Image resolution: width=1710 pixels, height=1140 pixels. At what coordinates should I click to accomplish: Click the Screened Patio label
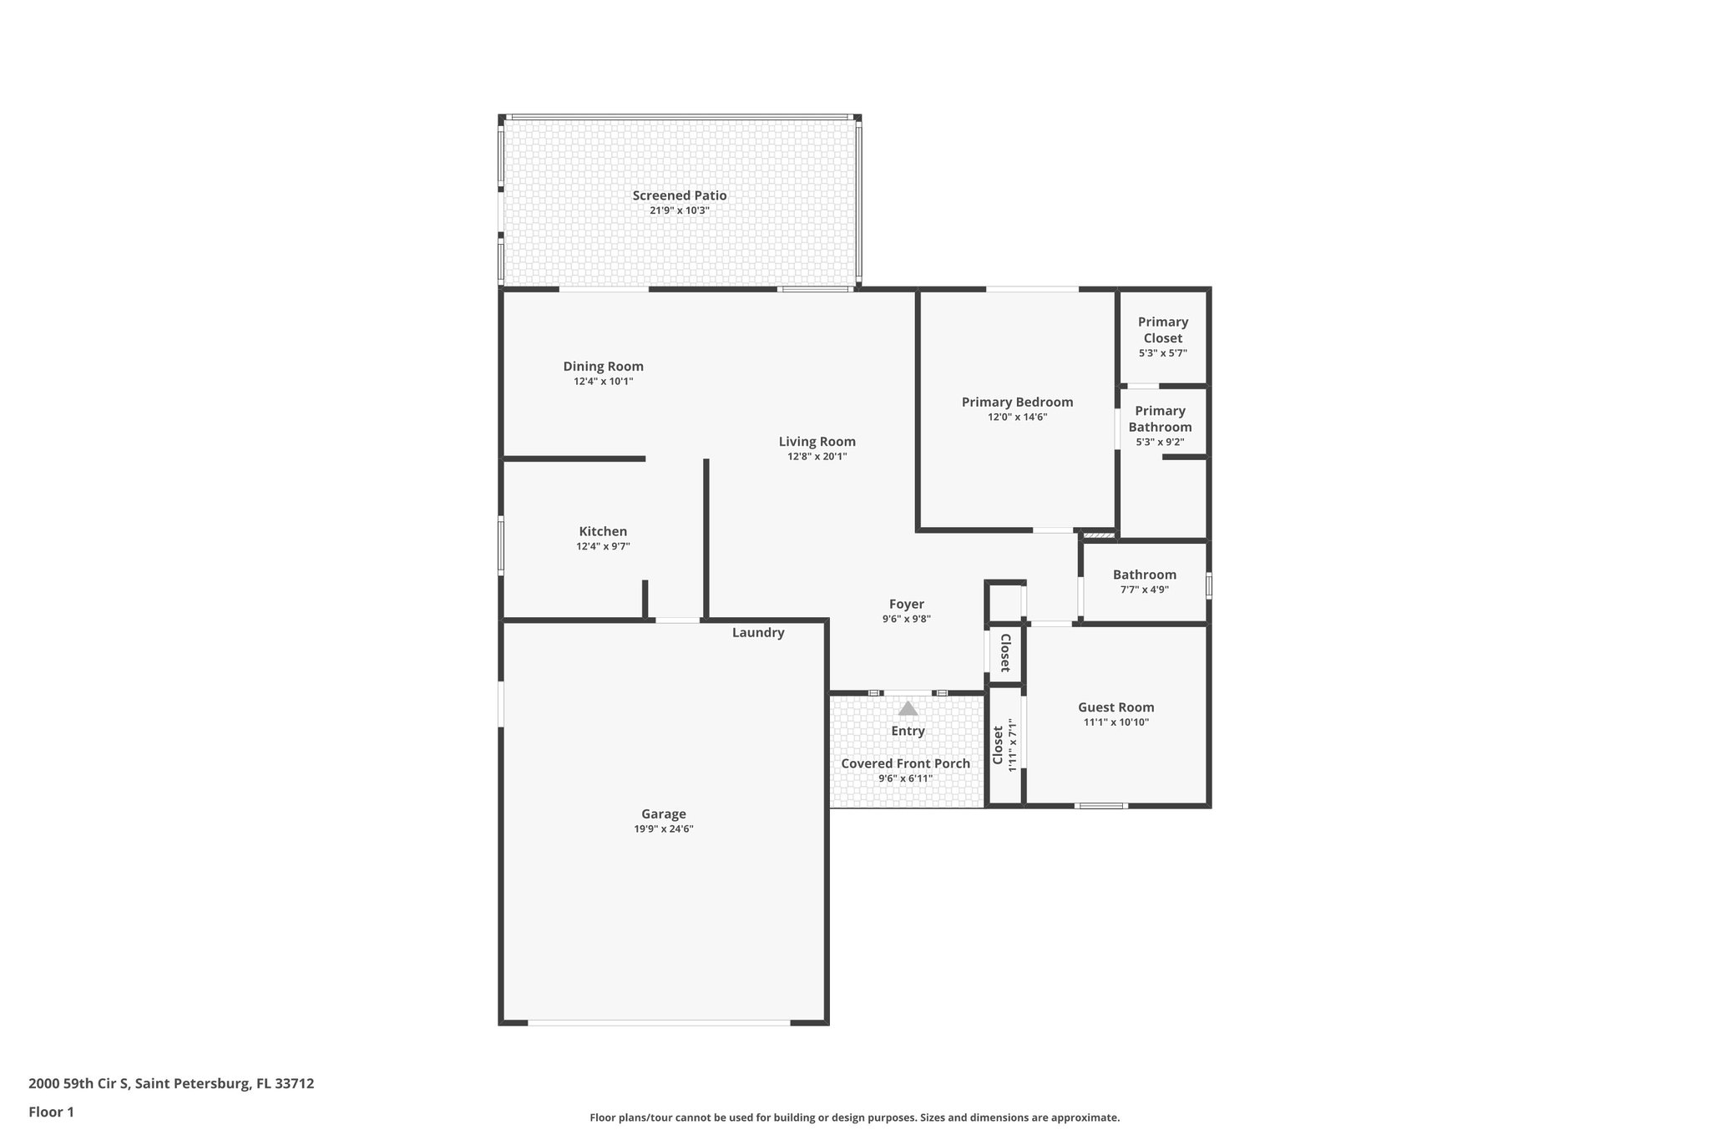pos(679,195)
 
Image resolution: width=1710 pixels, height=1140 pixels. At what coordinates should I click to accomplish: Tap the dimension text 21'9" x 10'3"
pos(679,210)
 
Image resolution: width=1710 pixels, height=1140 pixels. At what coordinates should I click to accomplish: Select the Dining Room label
pos(603,366)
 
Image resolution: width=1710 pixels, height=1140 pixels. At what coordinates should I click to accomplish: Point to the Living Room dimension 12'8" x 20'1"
pos(817,457)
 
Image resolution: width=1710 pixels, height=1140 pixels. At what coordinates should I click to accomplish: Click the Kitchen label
pos(603,531)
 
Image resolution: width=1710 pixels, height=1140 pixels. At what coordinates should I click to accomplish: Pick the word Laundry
pos(758,632)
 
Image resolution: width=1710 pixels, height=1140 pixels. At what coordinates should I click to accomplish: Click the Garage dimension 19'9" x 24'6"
pos(663,829)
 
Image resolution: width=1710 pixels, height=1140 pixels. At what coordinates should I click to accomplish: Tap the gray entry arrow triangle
pos(908,709)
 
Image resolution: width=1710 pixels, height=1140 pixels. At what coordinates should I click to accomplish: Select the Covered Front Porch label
pos(905,763)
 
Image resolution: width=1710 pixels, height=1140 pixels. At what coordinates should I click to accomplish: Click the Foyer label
pos(906,604)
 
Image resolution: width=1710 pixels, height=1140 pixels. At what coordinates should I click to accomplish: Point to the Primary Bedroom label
pos(1017,402)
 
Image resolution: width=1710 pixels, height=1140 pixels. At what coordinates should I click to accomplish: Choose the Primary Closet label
pos(1162,330)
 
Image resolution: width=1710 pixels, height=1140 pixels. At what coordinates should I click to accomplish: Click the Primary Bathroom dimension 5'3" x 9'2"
pos(1160,443)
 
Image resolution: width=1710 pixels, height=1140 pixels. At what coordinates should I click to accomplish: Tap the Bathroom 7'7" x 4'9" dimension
pos(1144,590)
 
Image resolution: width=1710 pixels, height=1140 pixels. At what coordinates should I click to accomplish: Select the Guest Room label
pos(1116,707)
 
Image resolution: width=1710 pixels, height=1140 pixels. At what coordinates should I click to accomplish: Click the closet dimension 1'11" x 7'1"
pos(1013,745)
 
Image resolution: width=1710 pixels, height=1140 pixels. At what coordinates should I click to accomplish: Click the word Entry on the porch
pos(908,731)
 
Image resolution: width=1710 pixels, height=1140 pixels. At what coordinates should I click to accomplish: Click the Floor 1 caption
pos(51,1112)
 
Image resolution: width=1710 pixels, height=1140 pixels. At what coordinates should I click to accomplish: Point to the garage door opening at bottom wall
pos(659,1022)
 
